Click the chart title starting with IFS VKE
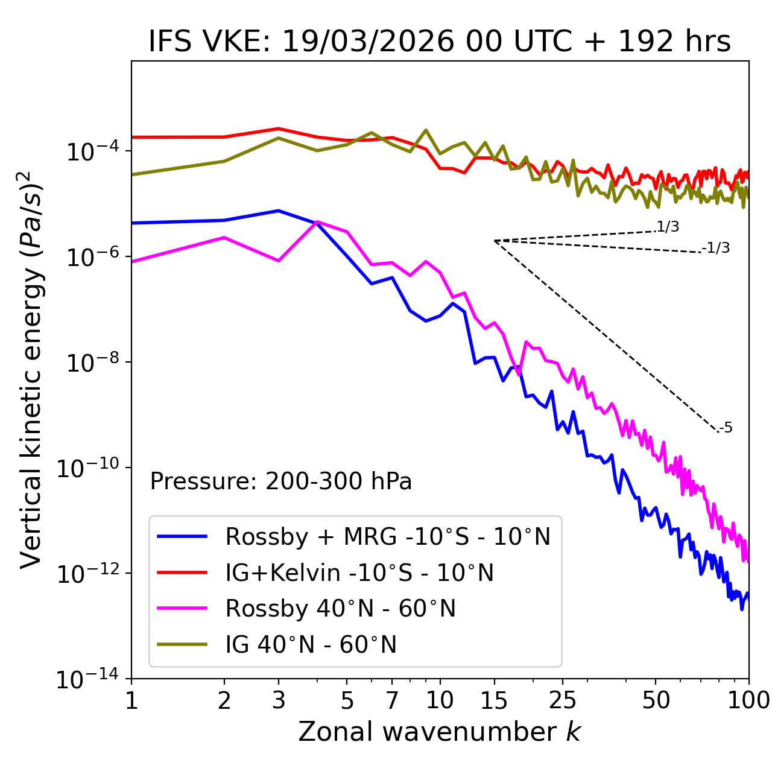click(440, 42)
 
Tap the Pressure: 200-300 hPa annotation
click(281, 481)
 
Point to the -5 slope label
click(726, 428)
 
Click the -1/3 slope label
click(717, 248)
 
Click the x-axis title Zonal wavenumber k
click(440, 732)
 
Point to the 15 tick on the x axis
click(494, 700)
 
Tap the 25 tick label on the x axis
click(563, 700)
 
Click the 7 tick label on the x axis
click(392, 700)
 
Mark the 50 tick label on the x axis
click(656, 700)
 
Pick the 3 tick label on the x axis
click(278, 700)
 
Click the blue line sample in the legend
click(182, 536)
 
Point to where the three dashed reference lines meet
click(495, 241)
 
